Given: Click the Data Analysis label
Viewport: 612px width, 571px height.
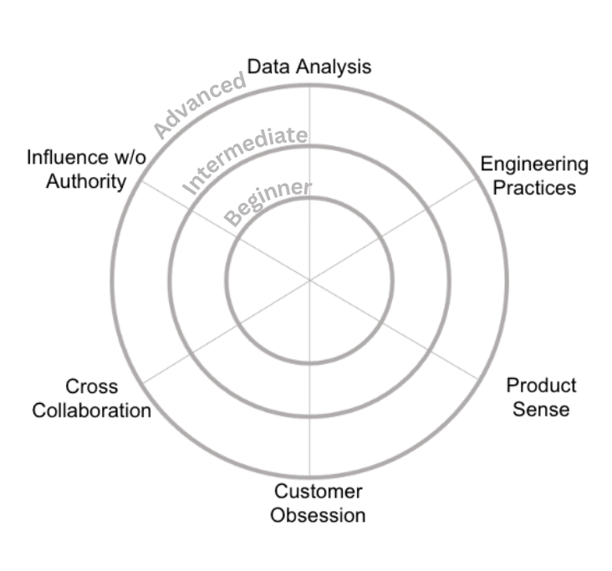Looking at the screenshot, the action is [x=309, y=67].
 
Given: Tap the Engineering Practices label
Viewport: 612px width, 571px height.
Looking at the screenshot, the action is [x=534, y=176].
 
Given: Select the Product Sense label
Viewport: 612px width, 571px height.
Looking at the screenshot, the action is [x=541, y=397].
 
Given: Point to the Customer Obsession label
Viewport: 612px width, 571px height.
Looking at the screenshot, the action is [x=318, y=503].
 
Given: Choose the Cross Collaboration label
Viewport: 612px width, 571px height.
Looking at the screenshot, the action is [x=92, y=398].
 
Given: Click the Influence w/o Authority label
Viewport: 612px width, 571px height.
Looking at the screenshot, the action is [x=86, y=169].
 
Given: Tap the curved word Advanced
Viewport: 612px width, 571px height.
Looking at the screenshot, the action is [x=200, y=105].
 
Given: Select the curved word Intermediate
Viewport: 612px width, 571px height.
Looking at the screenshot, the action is [x=245, y=159].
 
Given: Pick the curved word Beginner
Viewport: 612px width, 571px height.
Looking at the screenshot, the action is [x=268, y=203].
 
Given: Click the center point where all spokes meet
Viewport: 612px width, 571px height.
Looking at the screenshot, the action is [x=309, y=280].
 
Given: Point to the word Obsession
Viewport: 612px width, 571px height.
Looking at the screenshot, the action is [x=318, y=515].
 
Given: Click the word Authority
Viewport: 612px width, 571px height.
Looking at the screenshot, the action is [x=86, y=182].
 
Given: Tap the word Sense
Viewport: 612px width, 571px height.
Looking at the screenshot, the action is [x=541, y=409].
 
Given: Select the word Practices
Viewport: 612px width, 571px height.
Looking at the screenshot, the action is [x=534, y=188].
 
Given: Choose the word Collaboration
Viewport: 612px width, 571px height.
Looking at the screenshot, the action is [x=92, y=411].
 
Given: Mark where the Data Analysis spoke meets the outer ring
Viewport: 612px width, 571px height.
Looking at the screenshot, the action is [x=309, y=85].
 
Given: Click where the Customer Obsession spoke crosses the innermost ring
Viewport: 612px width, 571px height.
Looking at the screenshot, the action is [x=309, y=363].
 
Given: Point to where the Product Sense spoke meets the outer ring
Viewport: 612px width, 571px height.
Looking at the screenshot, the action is [x=478, y=379].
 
